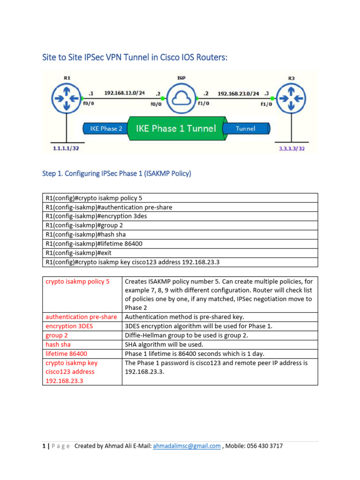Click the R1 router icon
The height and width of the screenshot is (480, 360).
pyautogui.click(x=66, y=99)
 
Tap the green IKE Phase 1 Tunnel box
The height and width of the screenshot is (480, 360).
pyautogui.click(x=176, y=128)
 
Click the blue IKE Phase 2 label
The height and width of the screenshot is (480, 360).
pyautogui.click(x=106, y=128)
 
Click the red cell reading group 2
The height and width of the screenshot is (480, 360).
pyautogui.click(x=57, y=335)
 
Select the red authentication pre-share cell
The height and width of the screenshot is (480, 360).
pyautogui.click(x=81, y=317)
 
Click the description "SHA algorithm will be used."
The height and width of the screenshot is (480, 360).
pyautogui.click(x=164, y=345)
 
